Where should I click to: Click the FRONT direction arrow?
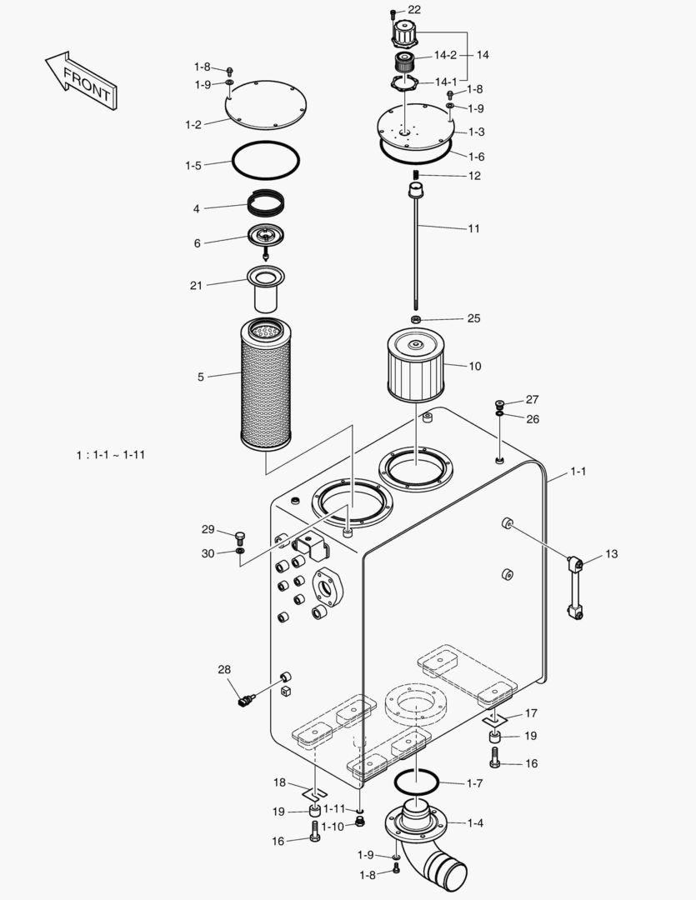pos(81,81)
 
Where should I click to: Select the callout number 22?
pos(414,9)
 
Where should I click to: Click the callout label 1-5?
pos(193,166)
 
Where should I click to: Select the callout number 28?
pos(223,669)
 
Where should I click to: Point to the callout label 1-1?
pos(578,472)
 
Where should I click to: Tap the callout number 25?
pos(473,318)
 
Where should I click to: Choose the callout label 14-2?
pos(445,55)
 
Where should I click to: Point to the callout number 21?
pos(196,286)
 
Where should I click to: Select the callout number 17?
pos(531,713)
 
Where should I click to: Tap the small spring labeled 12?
pos(415,174)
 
